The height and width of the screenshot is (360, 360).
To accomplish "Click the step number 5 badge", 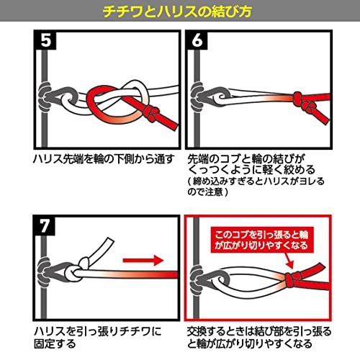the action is (46, 40).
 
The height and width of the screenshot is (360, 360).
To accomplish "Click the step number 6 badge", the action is (197, 40).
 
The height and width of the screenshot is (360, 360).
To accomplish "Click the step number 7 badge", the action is (45, 225).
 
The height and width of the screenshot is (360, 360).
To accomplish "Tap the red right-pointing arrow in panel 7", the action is (143, 260).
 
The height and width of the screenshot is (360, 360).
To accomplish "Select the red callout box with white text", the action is (262, 240).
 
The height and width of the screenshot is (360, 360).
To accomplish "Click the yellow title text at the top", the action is (177, 11).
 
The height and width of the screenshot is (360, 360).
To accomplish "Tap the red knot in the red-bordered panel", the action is (292, 279).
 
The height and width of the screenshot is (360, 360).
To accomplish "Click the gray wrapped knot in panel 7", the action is (44, 272).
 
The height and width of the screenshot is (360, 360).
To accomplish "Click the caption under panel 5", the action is (103, 159).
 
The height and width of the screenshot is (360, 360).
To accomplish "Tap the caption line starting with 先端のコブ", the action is (246, 159).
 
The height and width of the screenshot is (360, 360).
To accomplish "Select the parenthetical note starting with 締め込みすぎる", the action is (256, 186).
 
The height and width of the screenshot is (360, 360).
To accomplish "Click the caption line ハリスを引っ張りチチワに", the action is (98, 331).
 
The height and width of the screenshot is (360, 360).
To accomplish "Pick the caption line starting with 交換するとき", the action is (259, 331).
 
